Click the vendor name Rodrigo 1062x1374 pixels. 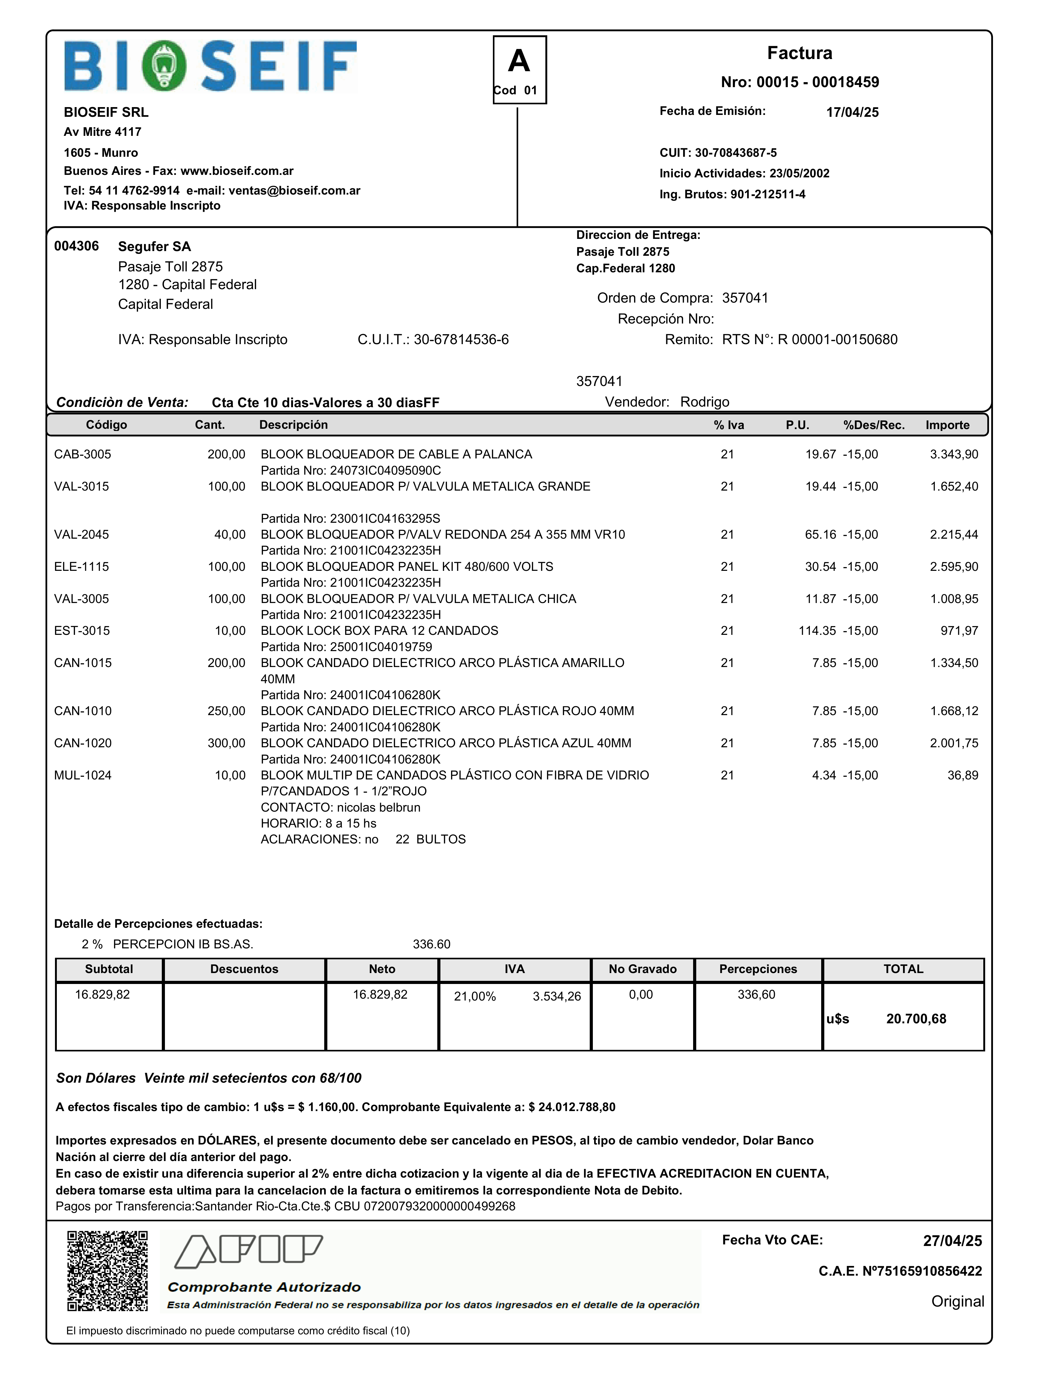(705, 402)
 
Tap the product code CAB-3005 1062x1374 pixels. (82, 454)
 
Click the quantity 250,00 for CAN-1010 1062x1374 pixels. (226, 711)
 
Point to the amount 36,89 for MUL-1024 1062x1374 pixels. (963, 775)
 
